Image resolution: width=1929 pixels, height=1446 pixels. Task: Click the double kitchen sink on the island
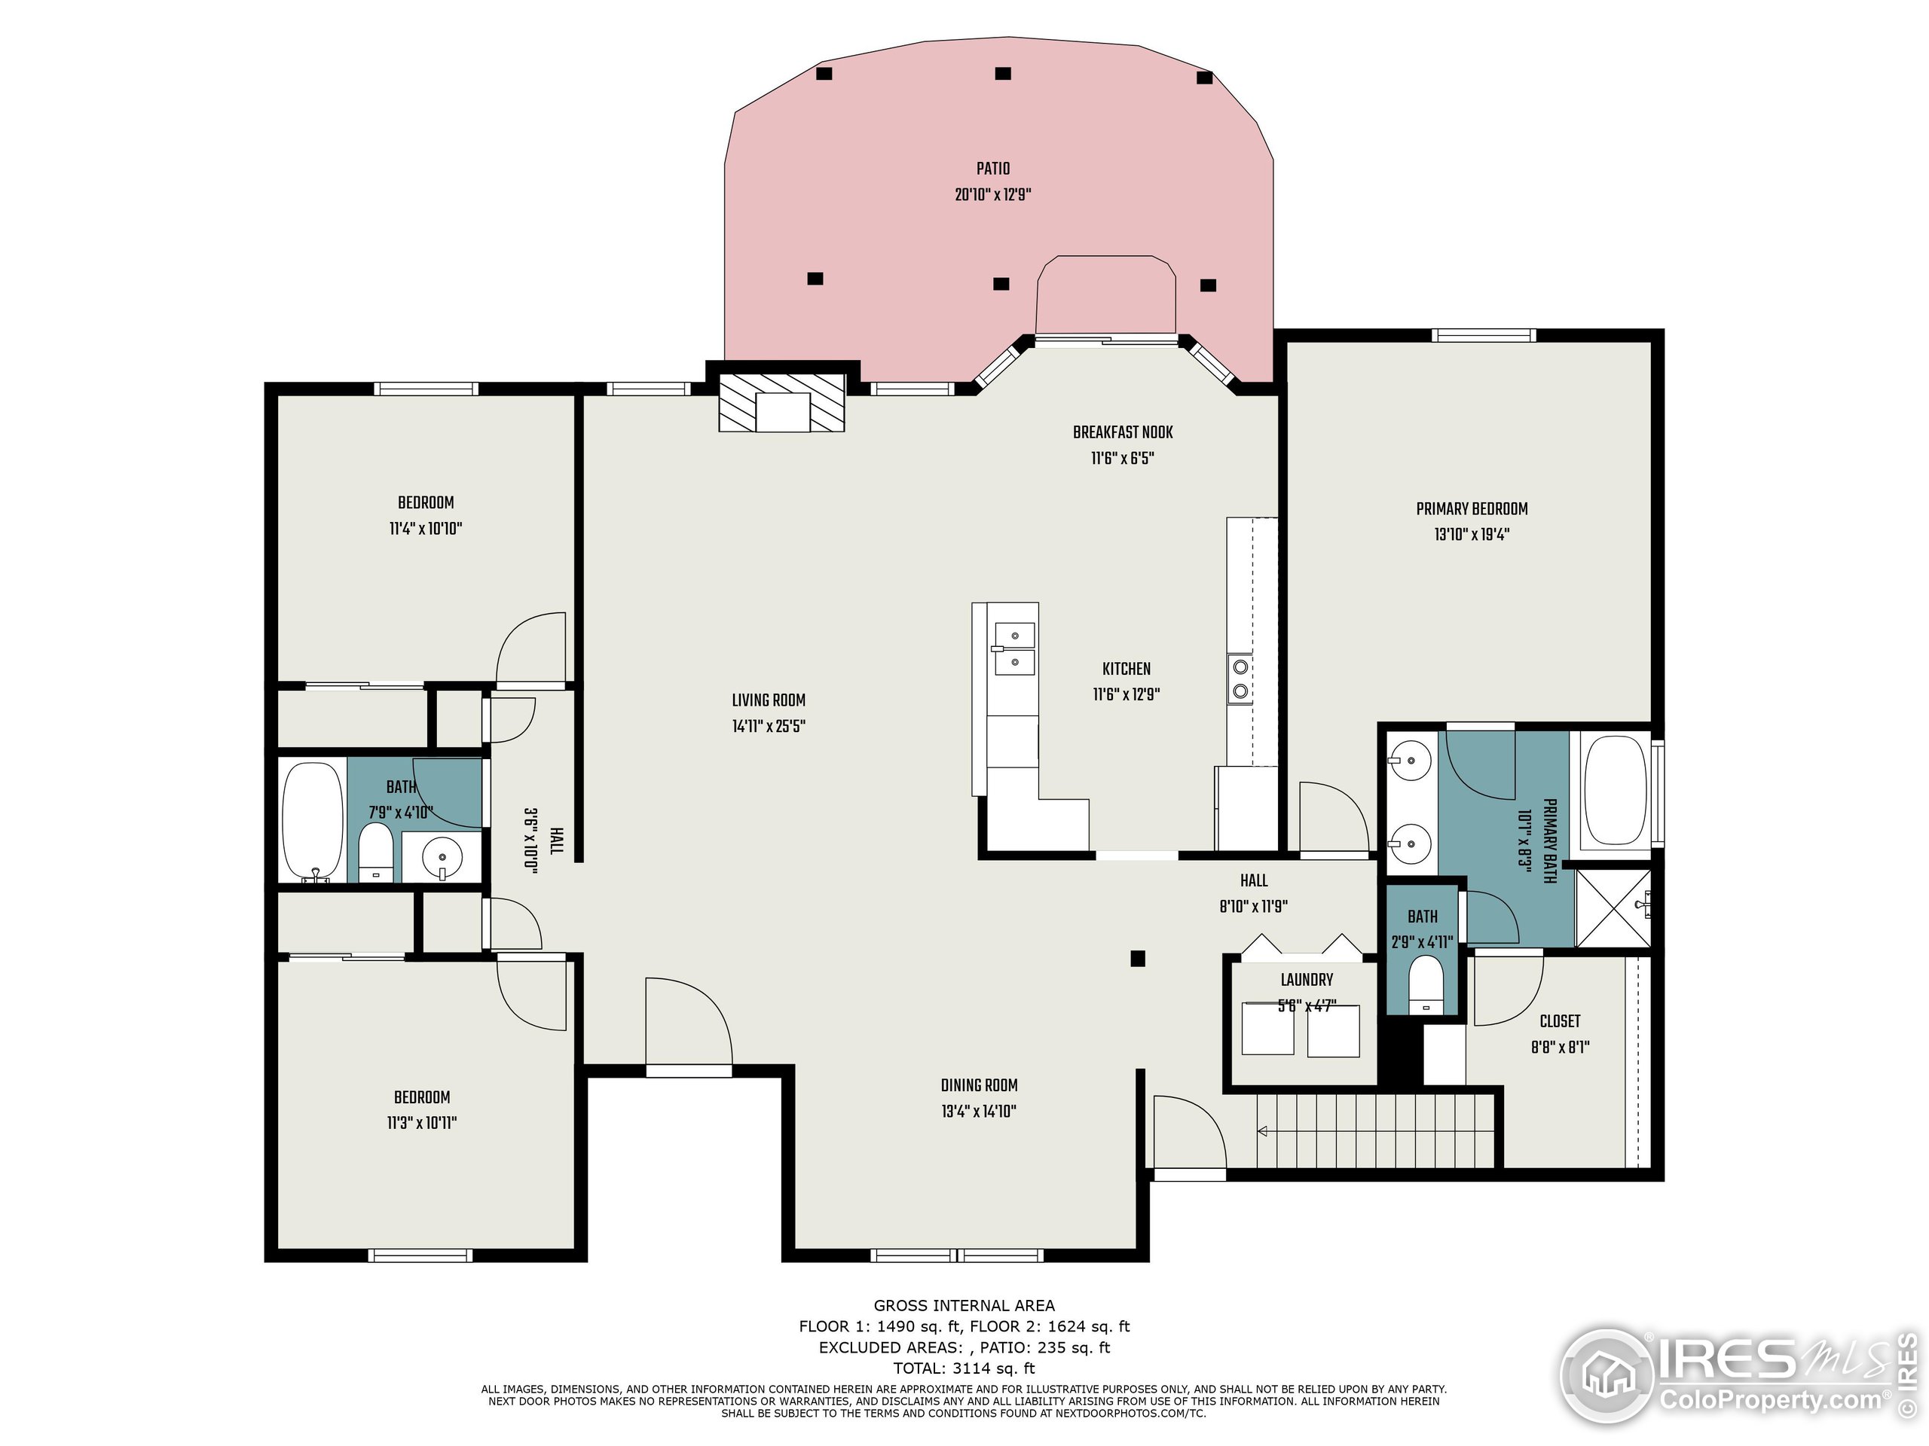pyautogui.click(x=1014, y=649)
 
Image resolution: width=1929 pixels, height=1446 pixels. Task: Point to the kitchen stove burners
pyautogui.click(x=1240, y=680)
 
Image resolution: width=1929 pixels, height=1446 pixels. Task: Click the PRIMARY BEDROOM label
pyautogui.click(x=1471, y=509)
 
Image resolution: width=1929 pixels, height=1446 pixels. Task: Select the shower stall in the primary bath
pyautogui.click(x=1613, y=908)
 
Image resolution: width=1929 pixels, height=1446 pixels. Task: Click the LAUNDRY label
pyautogui.click(x=1307, y=980)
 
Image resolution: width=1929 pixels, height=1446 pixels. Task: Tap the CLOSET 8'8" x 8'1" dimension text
pyautogui.click(x=1560, y=1047)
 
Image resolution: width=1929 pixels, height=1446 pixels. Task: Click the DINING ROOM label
pyautogui.click(x=979, y=1085)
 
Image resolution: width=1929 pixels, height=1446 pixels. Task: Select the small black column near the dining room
pyautogui.click(x=1137, y=959)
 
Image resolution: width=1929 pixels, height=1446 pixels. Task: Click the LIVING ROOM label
pyautogui.click(x=769, y=700)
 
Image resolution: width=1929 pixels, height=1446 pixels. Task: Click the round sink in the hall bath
pyautogui.click(x=442, y=857)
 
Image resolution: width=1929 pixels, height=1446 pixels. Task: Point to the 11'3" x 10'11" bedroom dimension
pyautogui.click(x=422, y=1124)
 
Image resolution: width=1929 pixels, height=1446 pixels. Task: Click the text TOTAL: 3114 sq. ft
pyautogui.click(x=964, y=1368)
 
